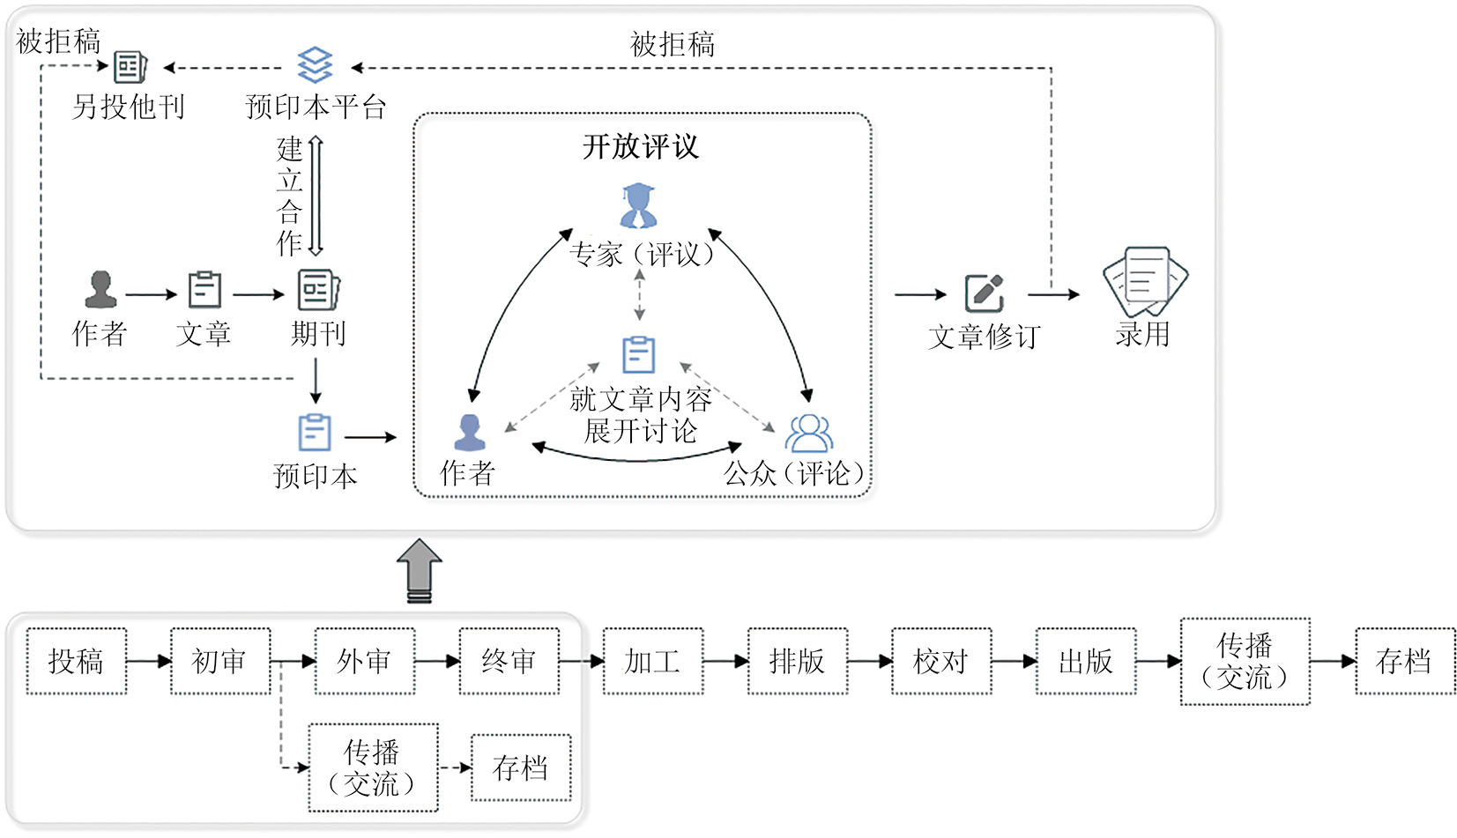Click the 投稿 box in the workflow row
click(77, 661)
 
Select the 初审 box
click(220, 661)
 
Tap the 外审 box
click(364, 661)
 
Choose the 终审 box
click(509, 661)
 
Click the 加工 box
click(652, 661)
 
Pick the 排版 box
click(797, 661)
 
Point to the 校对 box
click(941, 661)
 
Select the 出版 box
click(1085, 661)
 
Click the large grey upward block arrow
click(420, 570)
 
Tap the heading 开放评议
click(641, 146)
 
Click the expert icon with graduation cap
click(638, 206)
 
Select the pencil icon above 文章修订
click(985, 293)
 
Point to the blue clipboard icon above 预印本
click(315, 433)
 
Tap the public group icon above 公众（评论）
click(809, 433)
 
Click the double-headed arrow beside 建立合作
click(316, 196)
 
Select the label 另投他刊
click(129, 107)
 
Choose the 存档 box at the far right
click(1405, 661)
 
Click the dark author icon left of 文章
click(100, 290)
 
